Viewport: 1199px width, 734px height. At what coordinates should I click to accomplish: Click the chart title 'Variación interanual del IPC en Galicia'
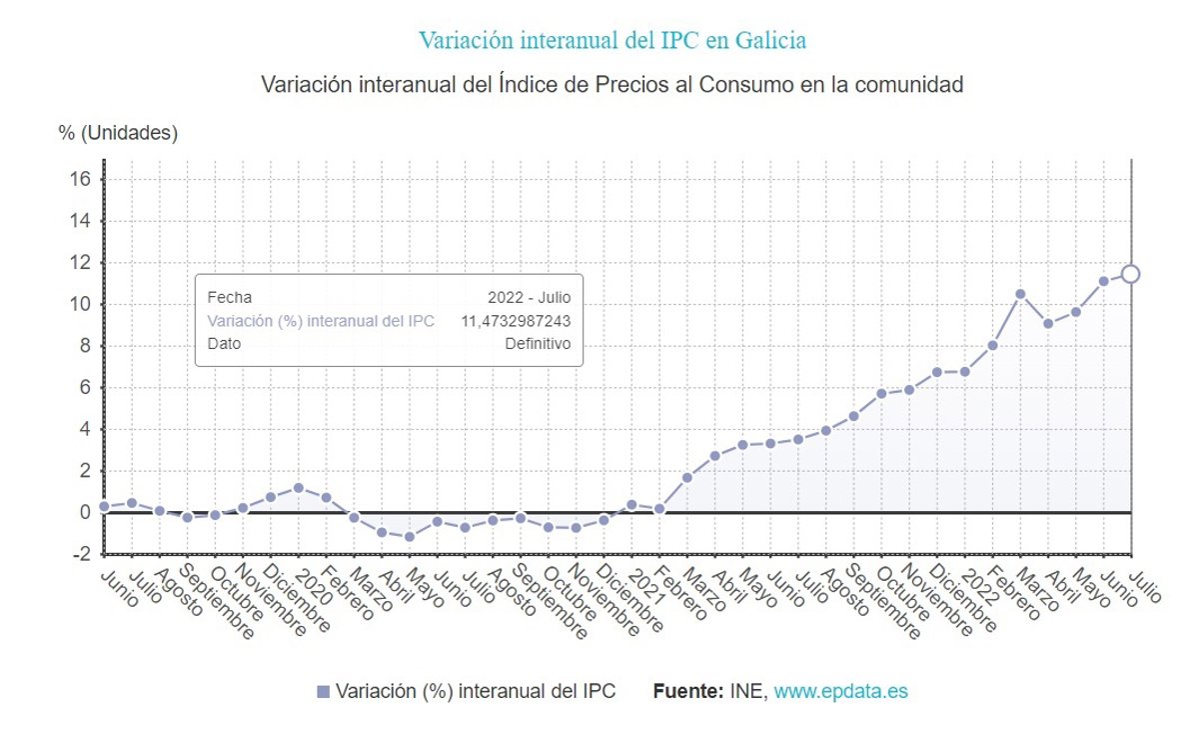click(611, 41)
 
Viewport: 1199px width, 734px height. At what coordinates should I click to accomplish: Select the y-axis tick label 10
click(80, 304)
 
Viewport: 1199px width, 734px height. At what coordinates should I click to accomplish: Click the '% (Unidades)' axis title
click(118, 133)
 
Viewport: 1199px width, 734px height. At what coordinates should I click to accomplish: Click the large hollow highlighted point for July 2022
click(1130, 274)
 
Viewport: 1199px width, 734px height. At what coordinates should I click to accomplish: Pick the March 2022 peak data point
click(1020, 294)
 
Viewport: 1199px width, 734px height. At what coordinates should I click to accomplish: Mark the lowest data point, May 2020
click(410, 537)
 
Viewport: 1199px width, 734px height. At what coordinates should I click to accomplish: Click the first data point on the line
click(104, 507)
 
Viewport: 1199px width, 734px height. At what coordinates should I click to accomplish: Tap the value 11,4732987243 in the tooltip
click(515, 321)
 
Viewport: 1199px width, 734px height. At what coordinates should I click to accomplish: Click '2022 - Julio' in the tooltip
click(529, 297)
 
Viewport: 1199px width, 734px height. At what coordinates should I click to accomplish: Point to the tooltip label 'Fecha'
click(229, 297)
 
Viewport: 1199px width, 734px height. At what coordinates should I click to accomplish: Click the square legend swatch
click(323, 692)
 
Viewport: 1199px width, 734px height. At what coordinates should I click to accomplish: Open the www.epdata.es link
click(840, 691)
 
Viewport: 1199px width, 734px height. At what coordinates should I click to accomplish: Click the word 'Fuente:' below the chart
click(687, 691)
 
